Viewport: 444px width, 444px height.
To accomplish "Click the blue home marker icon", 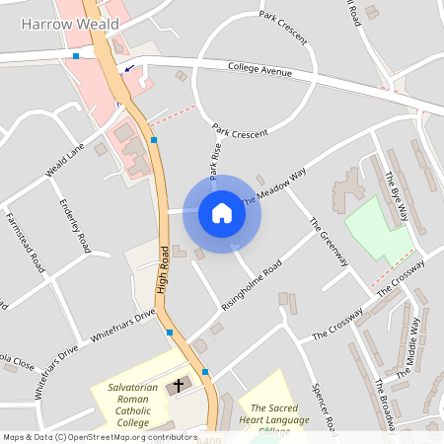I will (222, 213).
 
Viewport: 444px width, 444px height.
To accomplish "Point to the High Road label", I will (164, 269).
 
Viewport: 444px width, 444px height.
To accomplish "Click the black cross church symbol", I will (180, 385).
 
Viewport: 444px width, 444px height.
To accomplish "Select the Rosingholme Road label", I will (253, 285).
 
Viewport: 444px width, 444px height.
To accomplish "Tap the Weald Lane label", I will (65, 159).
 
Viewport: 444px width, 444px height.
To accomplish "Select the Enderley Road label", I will (75, 228).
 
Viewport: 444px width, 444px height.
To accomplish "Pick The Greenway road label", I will (329, 239).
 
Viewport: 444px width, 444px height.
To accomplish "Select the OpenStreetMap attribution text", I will (99, 436).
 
